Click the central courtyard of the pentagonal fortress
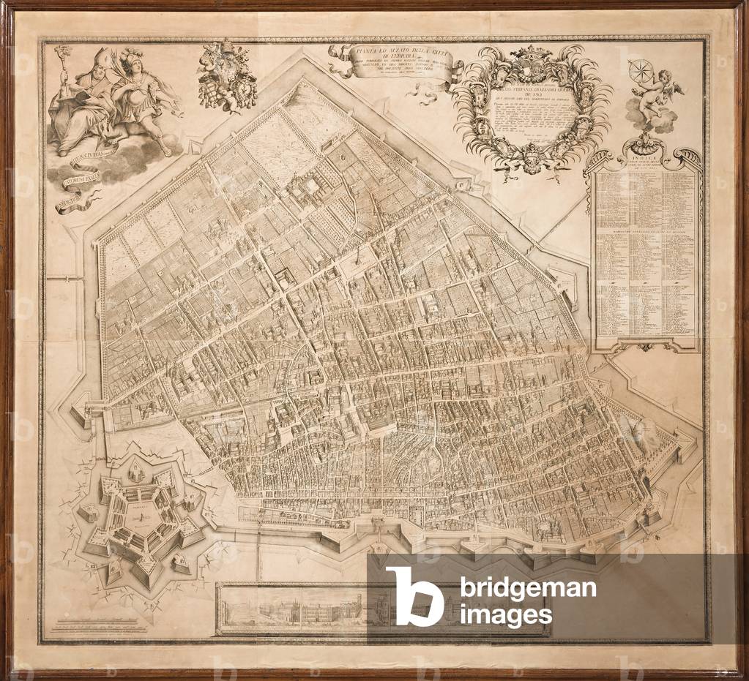tap(139, 511)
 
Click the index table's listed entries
tap(644, 256)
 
